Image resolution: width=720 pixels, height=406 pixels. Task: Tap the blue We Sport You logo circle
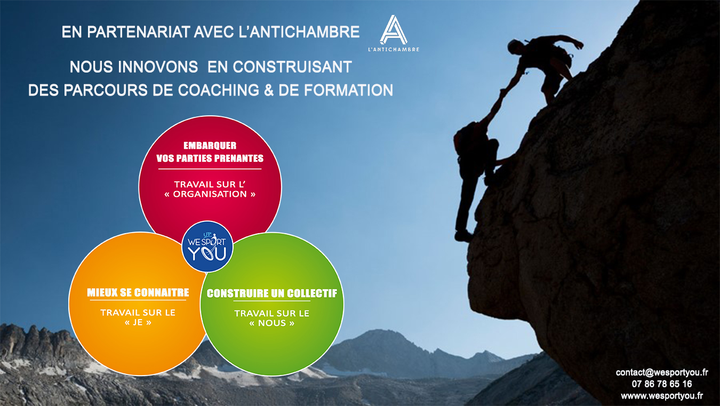coord(207,246)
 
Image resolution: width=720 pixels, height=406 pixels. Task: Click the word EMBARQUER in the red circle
coord(210,146)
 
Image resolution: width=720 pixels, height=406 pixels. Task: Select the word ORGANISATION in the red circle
coord(210,194)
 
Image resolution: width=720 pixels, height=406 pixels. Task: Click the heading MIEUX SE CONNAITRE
coord(138,292)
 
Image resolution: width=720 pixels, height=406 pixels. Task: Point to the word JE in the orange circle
coord(138,322)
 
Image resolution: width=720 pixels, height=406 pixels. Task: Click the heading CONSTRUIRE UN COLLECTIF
coord(272,293)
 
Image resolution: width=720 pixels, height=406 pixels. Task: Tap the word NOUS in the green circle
coord(272,323)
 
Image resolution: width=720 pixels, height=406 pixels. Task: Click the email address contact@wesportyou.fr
coord(662,372)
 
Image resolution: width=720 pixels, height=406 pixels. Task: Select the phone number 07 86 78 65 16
coord(662,384)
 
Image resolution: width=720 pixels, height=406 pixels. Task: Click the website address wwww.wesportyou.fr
coord(662,396)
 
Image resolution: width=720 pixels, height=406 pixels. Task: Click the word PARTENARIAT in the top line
coord(139,32)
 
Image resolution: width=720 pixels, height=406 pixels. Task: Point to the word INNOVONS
coord(158,67)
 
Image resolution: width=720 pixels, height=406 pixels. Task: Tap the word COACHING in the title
coord(219,90)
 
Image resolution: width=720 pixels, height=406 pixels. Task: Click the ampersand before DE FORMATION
coord(269,90)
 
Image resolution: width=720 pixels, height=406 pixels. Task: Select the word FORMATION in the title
coord(348,90)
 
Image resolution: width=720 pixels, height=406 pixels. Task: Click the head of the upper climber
coord(515,46)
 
